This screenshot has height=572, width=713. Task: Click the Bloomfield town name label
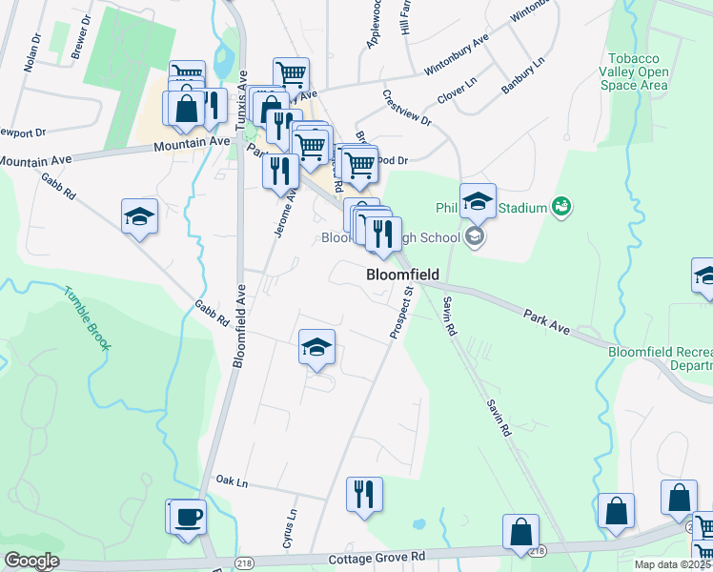[x=401, y=275]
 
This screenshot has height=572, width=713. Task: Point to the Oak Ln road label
[x=232, y=480]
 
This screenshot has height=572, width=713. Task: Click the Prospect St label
[x=399, y=311]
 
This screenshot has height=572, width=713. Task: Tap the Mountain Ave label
[x=192, y=143]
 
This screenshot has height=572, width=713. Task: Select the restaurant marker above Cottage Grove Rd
[x=364, y=495]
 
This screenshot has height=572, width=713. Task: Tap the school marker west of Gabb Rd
[x=140, y=216]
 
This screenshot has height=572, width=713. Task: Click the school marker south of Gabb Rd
[x=317, y=348]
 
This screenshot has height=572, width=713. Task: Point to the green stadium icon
[x=560, y=206]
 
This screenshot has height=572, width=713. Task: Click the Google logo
[x=31, y=562]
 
